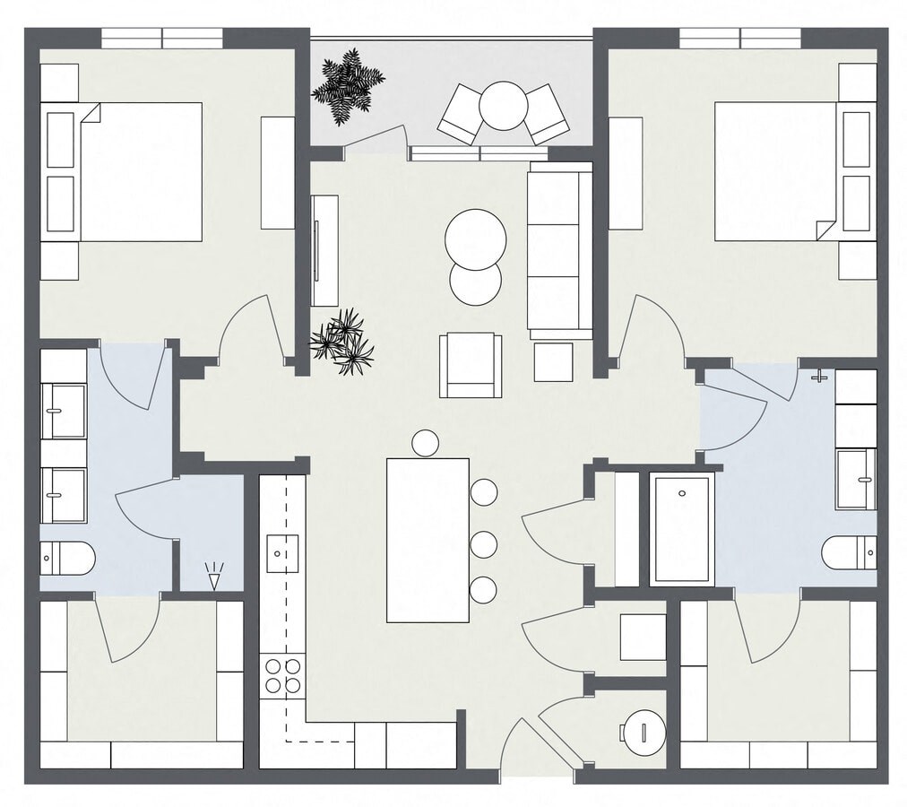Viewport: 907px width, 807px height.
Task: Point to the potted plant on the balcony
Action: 347,85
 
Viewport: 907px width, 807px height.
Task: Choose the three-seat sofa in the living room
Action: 559,250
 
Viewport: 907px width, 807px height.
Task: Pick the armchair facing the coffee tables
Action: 470,365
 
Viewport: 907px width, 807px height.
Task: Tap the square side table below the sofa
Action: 553,362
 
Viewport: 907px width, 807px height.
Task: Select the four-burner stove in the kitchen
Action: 281,675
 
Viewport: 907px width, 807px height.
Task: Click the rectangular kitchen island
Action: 428,540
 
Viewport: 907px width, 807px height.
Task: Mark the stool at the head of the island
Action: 425,442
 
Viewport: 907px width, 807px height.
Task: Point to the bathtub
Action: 681,529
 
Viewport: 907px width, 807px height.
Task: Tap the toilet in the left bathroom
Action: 68,559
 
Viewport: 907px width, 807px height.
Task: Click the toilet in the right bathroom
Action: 848,551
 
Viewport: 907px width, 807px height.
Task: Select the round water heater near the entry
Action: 644,733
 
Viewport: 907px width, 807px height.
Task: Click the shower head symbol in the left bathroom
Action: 213,575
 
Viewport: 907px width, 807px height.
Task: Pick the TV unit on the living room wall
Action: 324,250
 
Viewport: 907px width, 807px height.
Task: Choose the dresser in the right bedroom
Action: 626,173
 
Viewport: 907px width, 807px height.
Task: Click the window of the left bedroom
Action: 161,38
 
